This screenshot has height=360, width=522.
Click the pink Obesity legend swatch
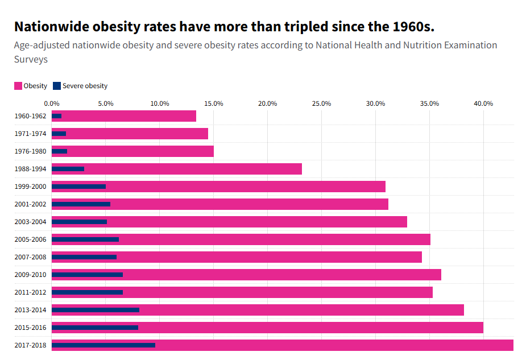18,86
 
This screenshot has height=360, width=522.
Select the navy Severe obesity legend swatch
57,86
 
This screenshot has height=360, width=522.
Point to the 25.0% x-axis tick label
321,104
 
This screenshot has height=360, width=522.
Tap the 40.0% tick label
483,104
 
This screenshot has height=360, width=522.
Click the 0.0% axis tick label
52,104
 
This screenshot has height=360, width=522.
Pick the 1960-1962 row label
30,116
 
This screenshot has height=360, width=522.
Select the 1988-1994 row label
30,169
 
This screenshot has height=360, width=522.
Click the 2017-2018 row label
30,345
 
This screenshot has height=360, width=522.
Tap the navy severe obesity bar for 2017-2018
103,345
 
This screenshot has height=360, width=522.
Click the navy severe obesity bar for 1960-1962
56,116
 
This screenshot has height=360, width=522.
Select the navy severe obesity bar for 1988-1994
68,169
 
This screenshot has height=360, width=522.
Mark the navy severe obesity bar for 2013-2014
95,310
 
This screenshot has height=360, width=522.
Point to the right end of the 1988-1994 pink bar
301,169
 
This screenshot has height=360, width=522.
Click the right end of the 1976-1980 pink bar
213,151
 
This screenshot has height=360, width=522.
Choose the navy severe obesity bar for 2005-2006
85,239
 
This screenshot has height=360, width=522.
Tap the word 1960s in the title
411,27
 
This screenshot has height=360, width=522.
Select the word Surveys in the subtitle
31,59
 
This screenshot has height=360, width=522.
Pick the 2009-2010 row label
30,275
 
